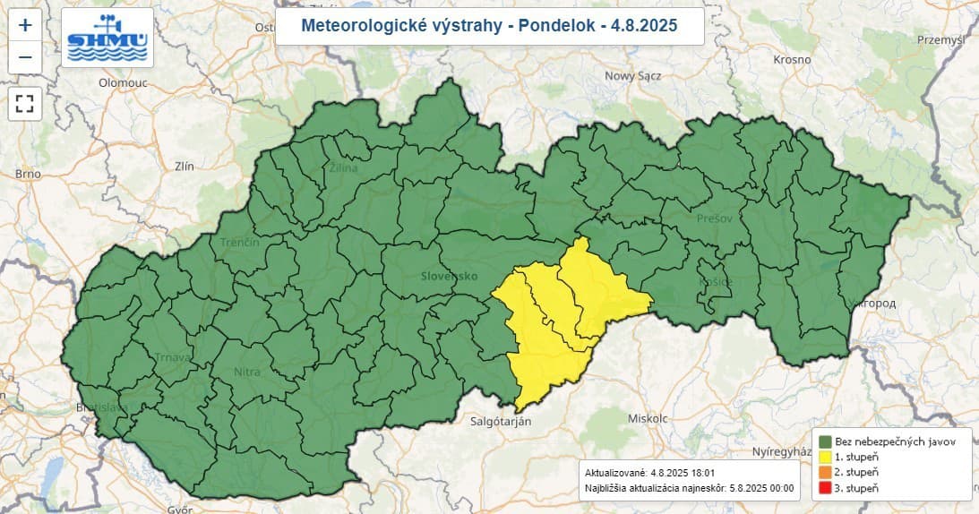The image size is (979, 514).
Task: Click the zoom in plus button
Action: (25, 25)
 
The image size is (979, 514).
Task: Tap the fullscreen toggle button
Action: (25, 102)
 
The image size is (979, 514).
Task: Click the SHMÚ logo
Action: (107, 38)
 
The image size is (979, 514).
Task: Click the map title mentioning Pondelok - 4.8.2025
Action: (489, 26)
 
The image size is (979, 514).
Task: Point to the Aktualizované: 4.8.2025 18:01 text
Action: (649, 472)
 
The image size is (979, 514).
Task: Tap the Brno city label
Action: (29, 174)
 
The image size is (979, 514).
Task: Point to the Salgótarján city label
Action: (495, 420)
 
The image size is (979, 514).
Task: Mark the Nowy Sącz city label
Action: (633, 76)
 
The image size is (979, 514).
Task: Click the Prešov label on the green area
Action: (714, 218)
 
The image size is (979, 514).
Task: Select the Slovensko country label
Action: (449, 276)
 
